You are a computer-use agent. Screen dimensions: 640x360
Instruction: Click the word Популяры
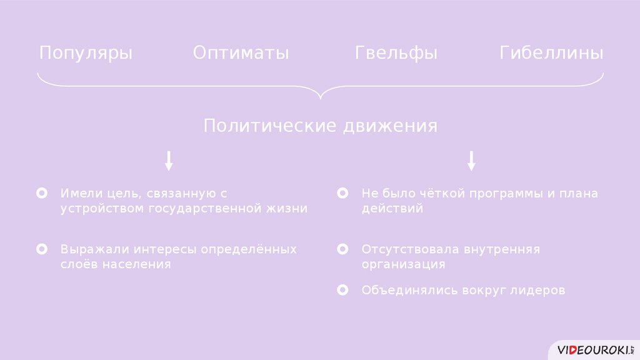point(86,53)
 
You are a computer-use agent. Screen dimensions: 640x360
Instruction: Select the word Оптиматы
point(241,53)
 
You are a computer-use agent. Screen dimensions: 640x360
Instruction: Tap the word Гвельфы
point(396,53)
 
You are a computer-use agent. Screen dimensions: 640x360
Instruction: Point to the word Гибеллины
point(551,53)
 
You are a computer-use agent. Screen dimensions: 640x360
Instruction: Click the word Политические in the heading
point(270,126)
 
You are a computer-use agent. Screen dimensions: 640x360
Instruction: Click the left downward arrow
point(169,161)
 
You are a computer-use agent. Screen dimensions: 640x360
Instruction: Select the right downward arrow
point(471,161)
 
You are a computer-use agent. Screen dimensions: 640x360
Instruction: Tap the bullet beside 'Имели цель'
point(42,194)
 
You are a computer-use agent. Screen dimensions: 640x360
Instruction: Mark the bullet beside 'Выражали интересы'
point(42,249)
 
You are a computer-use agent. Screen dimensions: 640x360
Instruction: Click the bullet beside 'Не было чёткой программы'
point(342,194)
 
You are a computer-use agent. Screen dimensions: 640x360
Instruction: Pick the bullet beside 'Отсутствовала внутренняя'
point(342,249)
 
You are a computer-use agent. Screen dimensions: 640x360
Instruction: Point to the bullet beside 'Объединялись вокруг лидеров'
point(342,291)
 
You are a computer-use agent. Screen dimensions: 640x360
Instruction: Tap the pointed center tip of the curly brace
point(320,99)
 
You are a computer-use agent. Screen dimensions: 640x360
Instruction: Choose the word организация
point(403,264)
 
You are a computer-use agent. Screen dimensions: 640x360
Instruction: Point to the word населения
point(136,264)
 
